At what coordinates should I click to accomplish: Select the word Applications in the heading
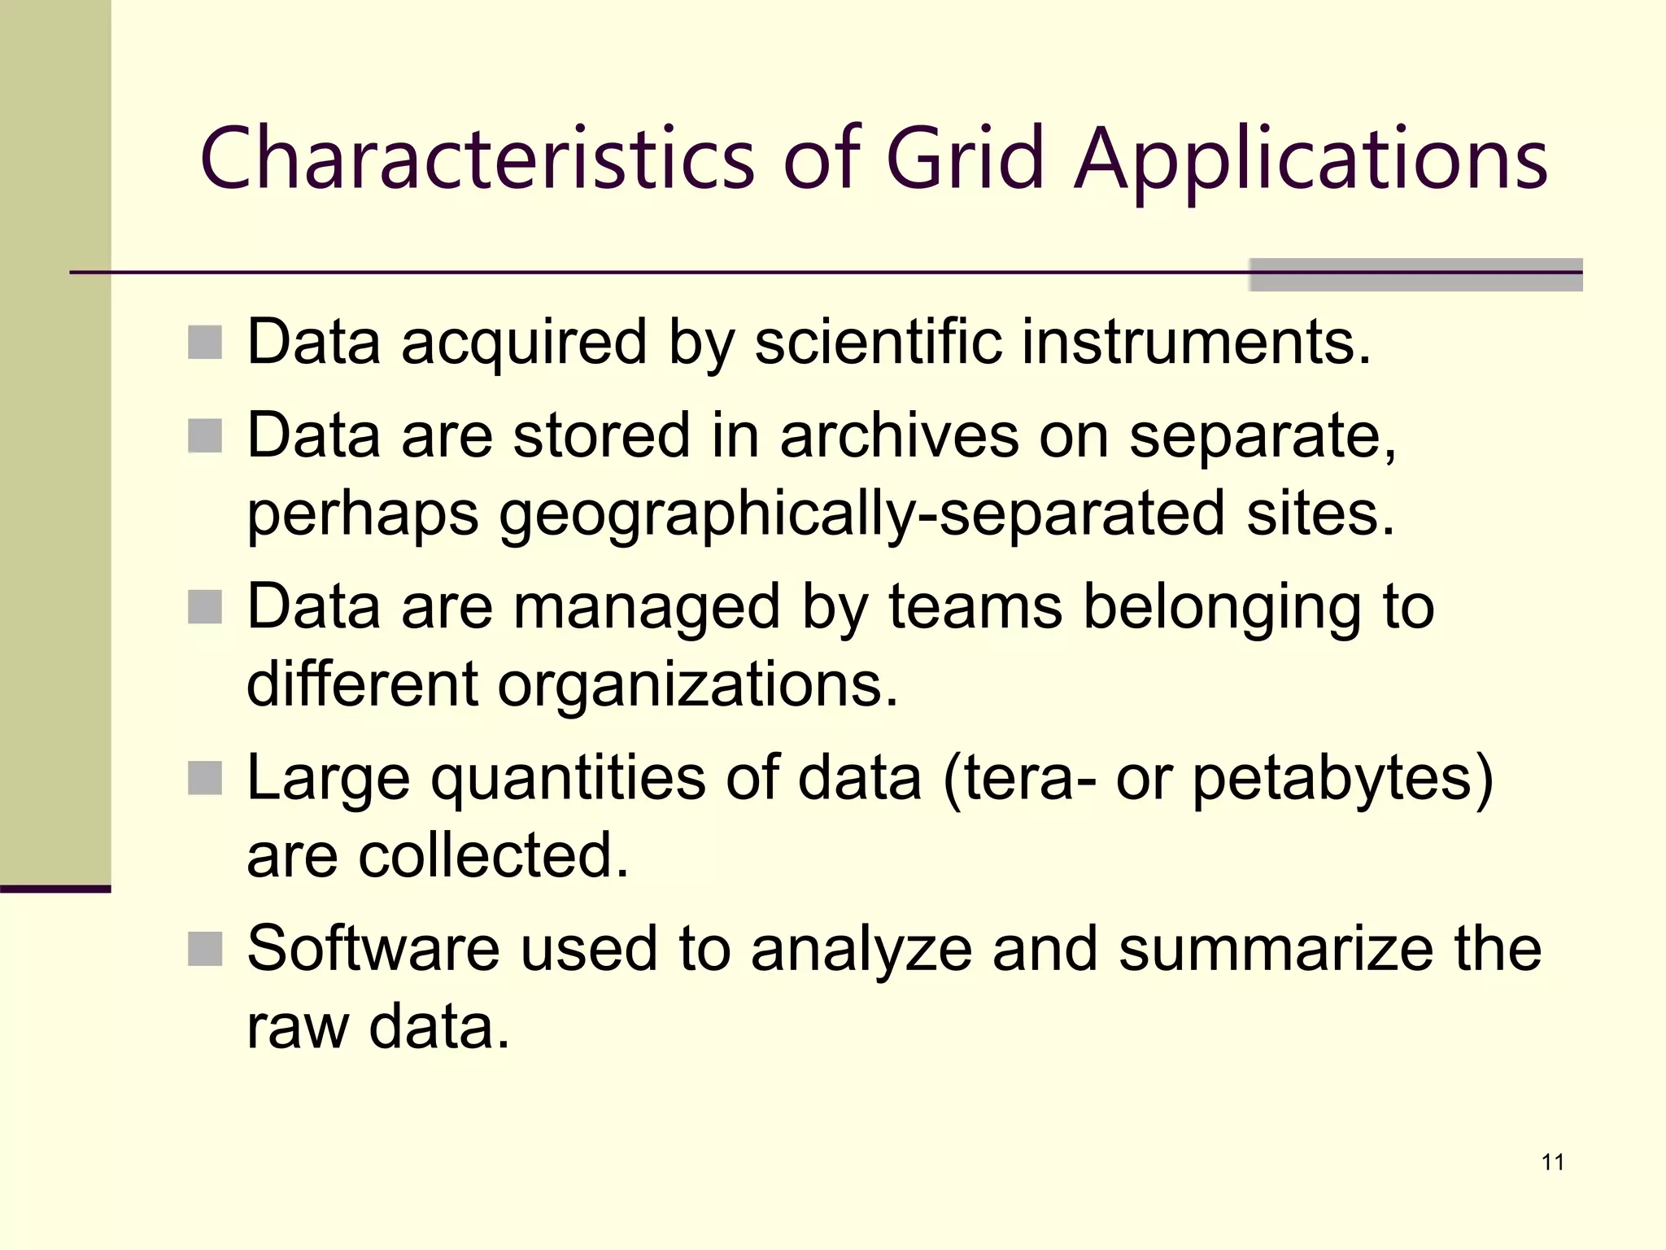coord(1311,160)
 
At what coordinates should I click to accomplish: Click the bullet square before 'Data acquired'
coord(205,343)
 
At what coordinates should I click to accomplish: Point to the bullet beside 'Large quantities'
coord(205,778)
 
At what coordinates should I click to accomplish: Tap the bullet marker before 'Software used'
coord(205,949)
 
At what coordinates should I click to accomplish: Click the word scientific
coord(878,342)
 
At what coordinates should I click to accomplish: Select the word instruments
coord(1196,342)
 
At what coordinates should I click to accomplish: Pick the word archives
coord(899,435)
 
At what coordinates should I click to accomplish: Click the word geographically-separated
coord(861,514)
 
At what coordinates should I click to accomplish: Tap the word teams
coord(975,607)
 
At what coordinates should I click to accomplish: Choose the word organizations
coord(697,685)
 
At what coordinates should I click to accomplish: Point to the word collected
coord(494,856)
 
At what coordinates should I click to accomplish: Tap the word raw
coord(297,1027)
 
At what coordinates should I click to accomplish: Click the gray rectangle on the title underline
coord(1415,275)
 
